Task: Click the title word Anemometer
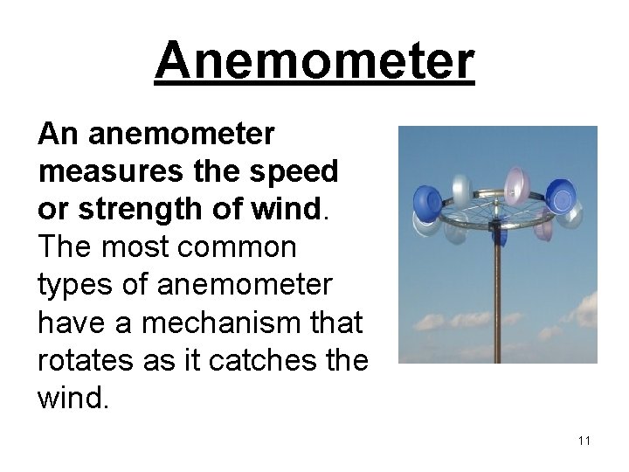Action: pos(314,61)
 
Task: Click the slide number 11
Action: pos(584,441)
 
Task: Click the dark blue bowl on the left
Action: pos(427,204)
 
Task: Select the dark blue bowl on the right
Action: pos(560,196)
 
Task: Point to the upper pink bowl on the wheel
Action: pos(517,184)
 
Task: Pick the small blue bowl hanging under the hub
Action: pos(499,233)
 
